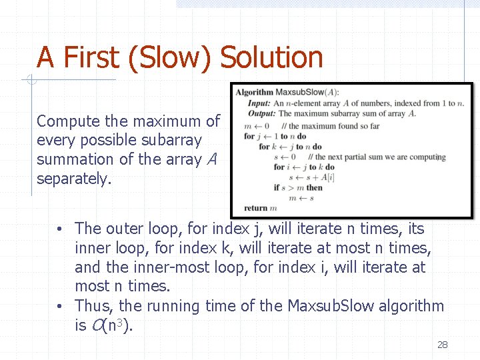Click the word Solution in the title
[271, 57]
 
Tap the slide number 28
[442, 345]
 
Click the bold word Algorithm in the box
[254, 92]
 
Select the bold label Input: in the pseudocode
[258, 103]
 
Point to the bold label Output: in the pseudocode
[261, 113]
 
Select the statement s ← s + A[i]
[310, 177]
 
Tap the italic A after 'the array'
[212, 160]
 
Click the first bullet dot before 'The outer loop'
[60, 229]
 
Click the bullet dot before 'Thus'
[60, 307]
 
